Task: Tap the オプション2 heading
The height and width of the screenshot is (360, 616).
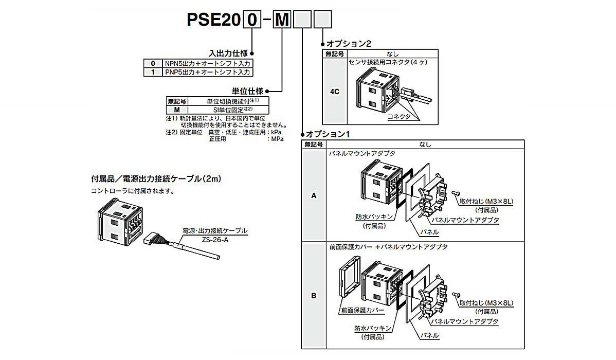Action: click(349, 44)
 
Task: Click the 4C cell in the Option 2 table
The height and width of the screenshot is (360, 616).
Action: click(334, 92)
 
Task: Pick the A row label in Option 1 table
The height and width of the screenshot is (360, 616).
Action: click(314, 196)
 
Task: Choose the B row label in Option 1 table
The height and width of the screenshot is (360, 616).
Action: click(314, 296)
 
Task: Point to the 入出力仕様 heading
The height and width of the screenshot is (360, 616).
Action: click(228, 53)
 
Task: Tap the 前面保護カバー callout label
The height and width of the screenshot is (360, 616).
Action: click(362, 311)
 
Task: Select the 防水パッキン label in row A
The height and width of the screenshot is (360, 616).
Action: click(374, 217)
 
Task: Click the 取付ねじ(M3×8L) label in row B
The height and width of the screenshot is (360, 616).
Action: click(486, 303)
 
